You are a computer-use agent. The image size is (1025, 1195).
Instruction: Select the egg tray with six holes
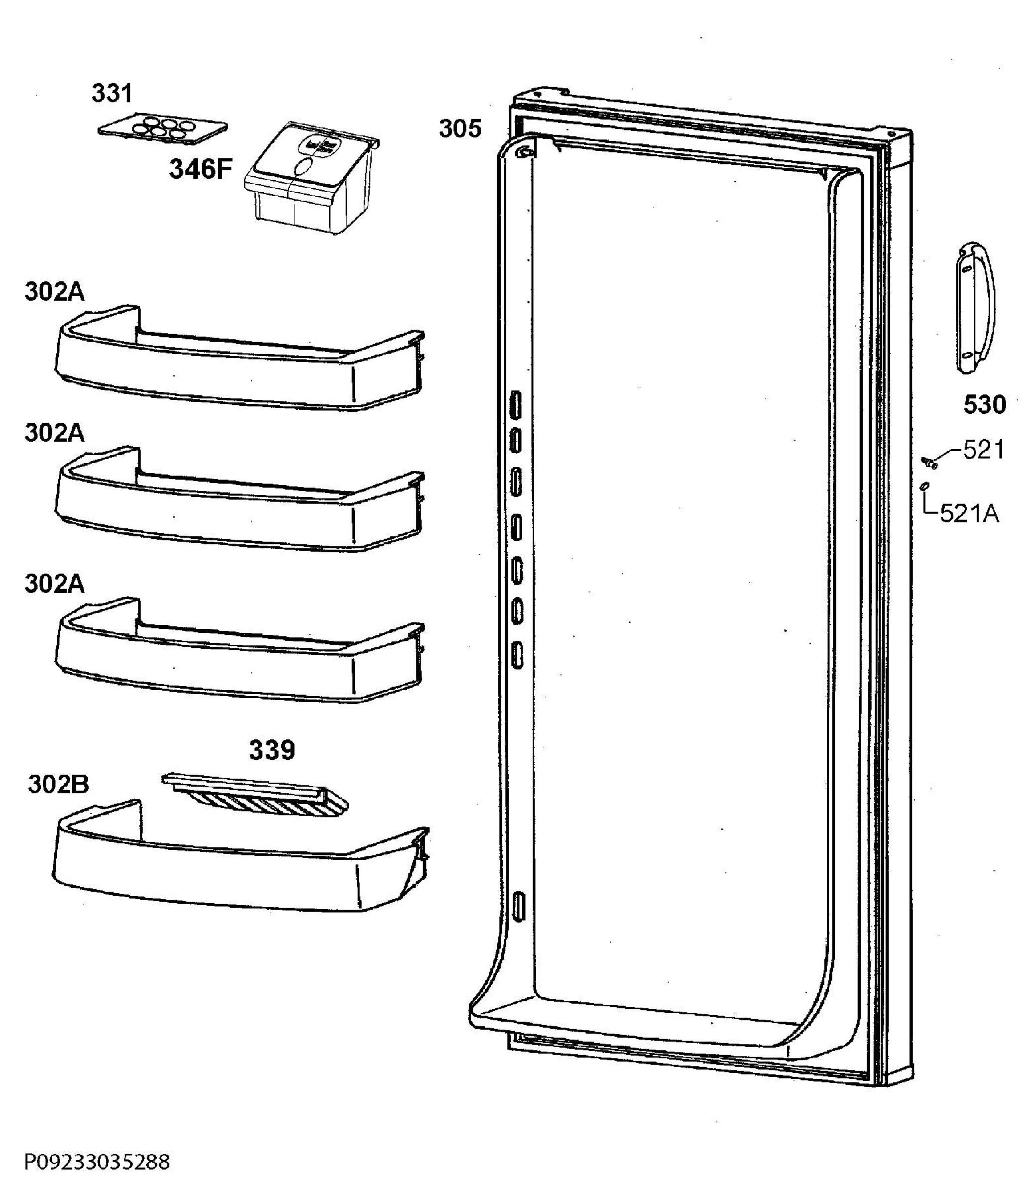(163, 128)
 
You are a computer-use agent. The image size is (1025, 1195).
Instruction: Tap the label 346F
(200, 169)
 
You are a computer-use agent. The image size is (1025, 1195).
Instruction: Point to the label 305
(459, 128)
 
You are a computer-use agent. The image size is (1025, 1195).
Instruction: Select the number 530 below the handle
(985, 405)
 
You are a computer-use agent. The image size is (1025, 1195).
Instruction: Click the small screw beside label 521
(929, 462)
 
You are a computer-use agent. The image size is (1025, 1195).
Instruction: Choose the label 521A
(969, 513)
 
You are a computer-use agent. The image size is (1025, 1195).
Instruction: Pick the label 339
(271, 750)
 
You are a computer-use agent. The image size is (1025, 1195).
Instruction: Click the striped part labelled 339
(256, 796)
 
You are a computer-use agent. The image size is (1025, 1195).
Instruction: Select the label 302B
(58, 784)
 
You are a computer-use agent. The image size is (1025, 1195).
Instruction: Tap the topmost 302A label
(54, 292)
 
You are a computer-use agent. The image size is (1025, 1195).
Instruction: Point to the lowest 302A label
(54, 584)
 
